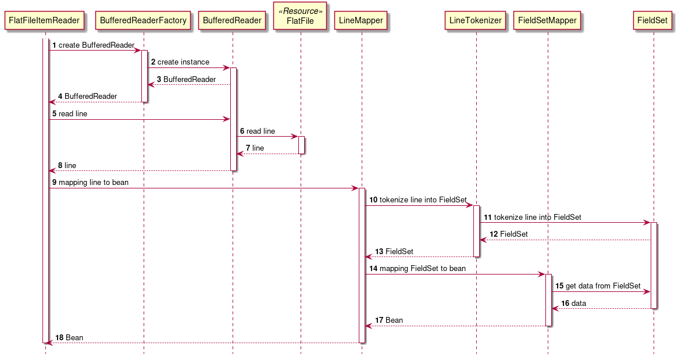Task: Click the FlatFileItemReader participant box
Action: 44,20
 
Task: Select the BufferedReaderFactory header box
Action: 143,20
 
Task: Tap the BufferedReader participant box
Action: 232,20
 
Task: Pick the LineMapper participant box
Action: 361,20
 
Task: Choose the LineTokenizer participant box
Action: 476,20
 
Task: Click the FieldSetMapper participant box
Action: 547,20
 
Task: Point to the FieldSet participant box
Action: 652,20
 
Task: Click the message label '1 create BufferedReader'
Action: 94,45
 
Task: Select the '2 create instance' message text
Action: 180,62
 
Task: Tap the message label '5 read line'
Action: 70,113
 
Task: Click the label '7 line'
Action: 255,148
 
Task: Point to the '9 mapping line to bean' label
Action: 90,182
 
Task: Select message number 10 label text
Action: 418,199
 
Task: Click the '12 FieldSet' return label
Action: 509,234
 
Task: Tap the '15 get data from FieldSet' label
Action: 598,286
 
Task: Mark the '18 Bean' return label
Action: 69,337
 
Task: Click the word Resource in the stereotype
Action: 301,11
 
